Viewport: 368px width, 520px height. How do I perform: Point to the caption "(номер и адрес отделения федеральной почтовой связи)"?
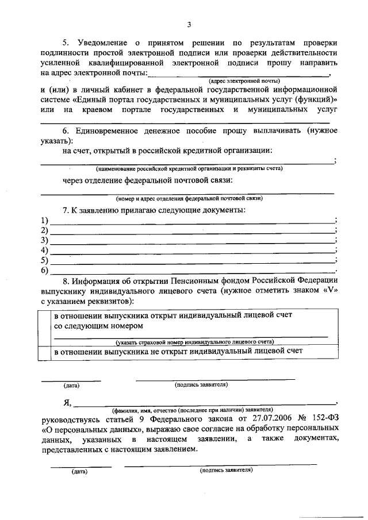coord(189,198)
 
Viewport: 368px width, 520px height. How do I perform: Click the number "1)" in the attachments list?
coord(44,220)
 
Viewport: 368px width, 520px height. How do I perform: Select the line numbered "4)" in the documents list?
coord(192,251)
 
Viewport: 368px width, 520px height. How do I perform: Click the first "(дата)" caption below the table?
coord(71,386)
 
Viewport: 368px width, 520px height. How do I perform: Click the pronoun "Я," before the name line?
coord(68,402)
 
